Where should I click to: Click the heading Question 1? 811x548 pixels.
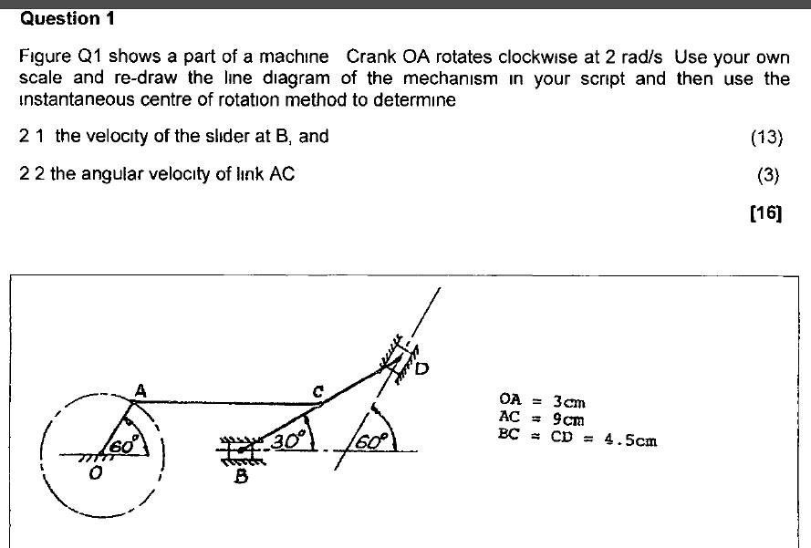coord(60,18)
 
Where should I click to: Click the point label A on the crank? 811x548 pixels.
coord(140,389)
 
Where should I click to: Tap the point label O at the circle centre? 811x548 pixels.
coord(95,473)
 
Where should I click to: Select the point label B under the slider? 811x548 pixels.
coord(242,475)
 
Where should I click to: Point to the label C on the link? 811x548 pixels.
coord(318,390)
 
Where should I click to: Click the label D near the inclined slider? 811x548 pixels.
coord(421,369)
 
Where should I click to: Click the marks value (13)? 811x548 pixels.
coord(766,138)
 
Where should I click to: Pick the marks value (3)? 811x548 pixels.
coord(770,174)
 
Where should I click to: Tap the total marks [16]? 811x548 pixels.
coord(765,213)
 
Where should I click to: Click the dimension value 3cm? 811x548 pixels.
coord(569,401)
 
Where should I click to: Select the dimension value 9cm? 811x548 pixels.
coord(568,419)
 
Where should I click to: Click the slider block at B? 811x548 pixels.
coord(242,449)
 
